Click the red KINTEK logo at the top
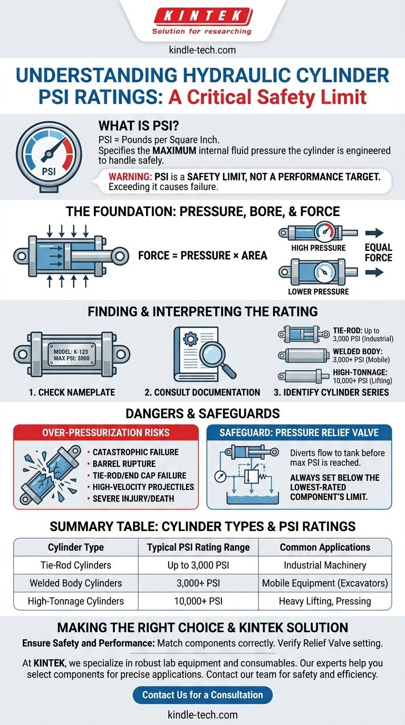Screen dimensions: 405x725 tap(202, 16)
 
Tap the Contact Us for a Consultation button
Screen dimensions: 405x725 tap(202, 694)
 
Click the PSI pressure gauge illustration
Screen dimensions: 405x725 tap(49, 159)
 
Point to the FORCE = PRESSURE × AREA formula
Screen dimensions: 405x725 tap(202, 256)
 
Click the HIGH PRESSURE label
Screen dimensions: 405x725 tap(318, 248)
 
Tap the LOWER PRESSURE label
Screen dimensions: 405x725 tap(318, 291)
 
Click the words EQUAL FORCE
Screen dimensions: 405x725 tap(379, 252)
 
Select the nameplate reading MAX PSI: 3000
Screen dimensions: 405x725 tap(72, 358)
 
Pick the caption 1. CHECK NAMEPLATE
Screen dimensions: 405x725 tap(72, 393)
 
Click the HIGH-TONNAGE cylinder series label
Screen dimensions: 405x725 tap(360, 372)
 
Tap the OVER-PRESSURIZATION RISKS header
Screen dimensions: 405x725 tap(105, 433)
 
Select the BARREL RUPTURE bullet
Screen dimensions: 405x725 tap(124, 464)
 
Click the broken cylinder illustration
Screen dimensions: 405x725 tap(52, 475)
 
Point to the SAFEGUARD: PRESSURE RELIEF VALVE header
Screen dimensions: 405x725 tap(299, 433)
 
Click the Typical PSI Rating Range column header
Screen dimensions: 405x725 tap(198, 547)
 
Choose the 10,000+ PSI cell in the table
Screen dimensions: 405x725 tap(198, 601)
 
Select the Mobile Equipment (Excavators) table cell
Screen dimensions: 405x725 tap(325, 583)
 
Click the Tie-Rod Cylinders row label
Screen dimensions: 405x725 tap(76, 565)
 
